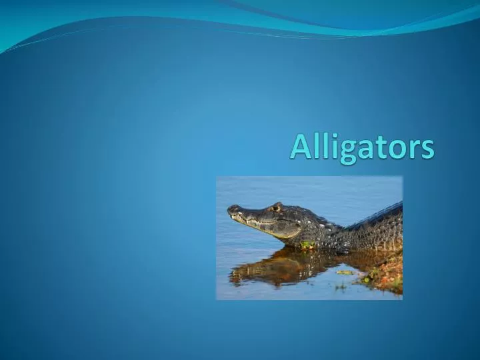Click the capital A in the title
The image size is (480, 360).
point(298,148)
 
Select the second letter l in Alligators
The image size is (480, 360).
point(318,147)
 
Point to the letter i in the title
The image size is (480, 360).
point(326,147)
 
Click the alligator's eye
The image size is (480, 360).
point(275,209)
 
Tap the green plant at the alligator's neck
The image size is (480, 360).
point(307,245)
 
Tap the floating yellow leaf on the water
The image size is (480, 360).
point(345,272)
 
